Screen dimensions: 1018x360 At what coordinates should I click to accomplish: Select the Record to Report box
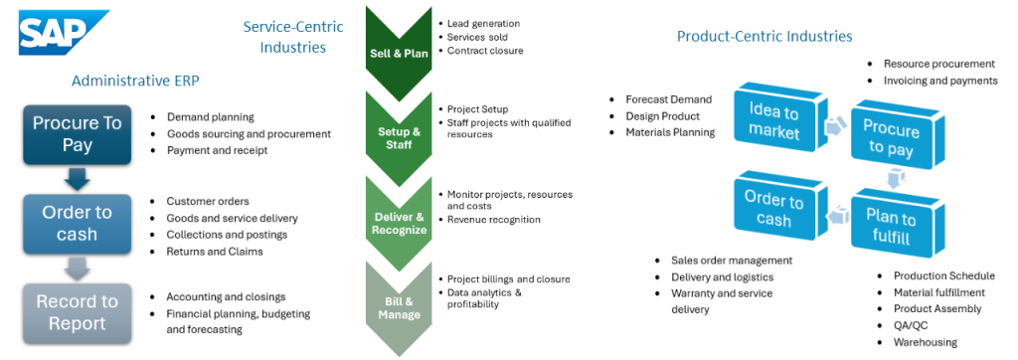(78, 313)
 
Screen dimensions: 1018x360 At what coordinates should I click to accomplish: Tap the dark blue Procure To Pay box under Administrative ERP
(78, 134)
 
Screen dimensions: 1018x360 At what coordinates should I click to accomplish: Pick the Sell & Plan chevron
(399, 52)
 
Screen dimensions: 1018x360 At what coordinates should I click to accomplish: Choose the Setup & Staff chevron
(399, 136)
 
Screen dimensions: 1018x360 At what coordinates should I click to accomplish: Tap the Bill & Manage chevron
(399, 308)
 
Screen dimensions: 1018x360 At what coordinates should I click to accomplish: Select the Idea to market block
(773, 121)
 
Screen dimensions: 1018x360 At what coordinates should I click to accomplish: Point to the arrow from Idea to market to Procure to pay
(833, 126)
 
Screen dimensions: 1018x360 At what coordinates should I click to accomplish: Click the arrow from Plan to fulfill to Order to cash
(835, 216)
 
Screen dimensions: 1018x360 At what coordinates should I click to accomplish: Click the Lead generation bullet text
(484, 24)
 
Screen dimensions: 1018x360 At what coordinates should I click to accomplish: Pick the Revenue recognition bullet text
(493, 220)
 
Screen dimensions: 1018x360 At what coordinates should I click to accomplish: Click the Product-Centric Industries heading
(764, 36)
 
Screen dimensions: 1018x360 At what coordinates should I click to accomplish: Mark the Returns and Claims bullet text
(215, 252)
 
